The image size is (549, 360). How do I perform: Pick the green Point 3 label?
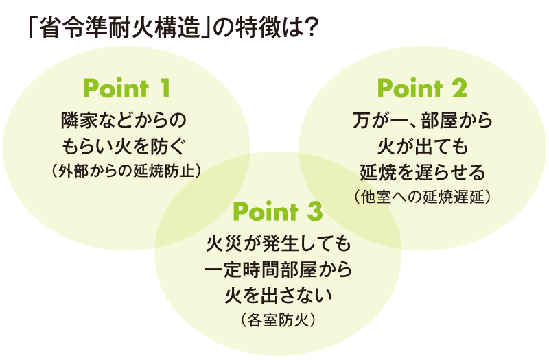click(277, 212)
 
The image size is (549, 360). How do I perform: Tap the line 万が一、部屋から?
click(422, 121)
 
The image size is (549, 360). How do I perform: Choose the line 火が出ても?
click(422, 145)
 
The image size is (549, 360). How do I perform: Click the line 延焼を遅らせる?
click(422, 170)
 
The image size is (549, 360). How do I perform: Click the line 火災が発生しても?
click(277, 244)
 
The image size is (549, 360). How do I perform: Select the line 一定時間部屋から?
click(277, 269)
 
